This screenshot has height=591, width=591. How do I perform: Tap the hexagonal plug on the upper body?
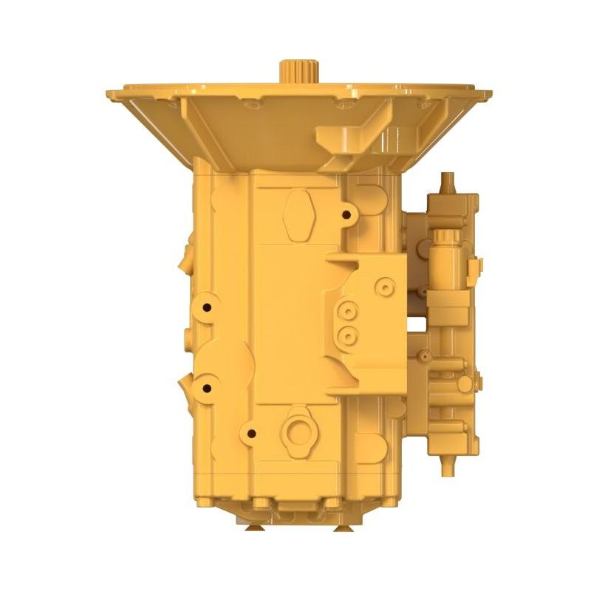click(298, 214)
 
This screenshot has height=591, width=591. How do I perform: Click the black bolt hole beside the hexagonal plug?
click(346, 215)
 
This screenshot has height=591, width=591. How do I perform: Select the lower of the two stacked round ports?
click(346, 337)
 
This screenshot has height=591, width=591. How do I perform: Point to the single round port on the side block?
click(383, 286)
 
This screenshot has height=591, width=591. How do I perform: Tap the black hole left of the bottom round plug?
click(252, 433)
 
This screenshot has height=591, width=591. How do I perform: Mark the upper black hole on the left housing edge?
click(208, 307)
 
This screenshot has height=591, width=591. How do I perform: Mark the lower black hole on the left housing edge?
click(207, 388)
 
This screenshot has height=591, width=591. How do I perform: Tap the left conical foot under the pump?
click(254, 526)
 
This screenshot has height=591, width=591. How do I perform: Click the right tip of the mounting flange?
click(488, 95)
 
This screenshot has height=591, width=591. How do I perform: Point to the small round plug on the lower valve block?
click(463, 384)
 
